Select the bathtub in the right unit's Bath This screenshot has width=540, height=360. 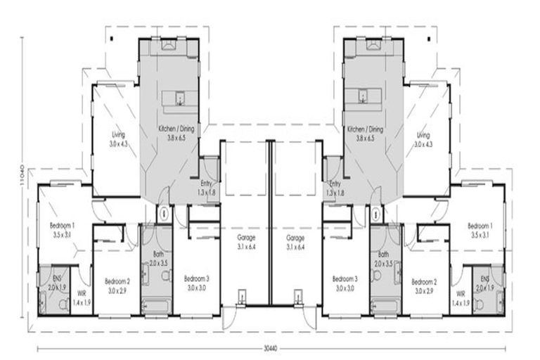[385, 305]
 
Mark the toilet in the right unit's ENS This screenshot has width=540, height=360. [479, 304]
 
